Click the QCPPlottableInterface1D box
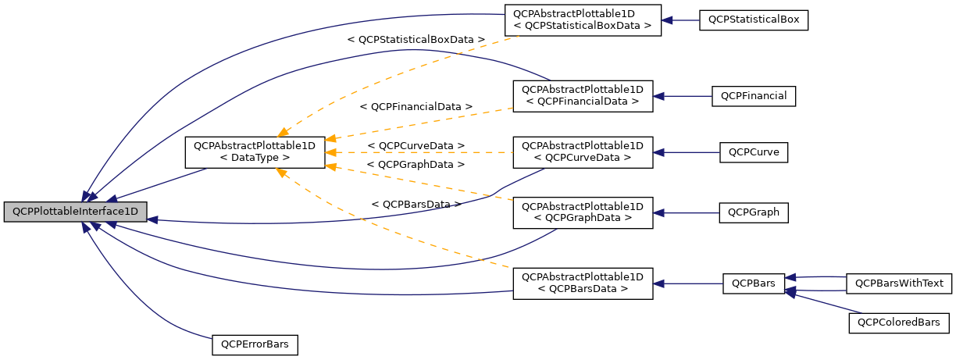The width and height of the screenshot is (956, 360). point(75,212)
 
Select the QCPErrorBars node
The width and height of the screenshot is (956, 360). point(255,344)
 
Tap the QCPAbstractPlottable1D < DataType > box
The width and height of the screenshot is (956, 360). point(255,152)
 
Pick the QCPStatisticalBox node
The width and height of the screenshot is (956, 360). point(753,20)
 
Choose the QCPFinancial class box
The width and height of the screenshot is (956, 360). point(754,96)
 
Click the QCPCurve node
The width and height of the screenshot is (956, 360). point(754,152)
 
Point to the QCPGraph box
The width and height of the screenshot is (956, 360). point(754,212)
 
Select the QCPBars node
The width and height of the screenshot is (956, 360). point(754,283)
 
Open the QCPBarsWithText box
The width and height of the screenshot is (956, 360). point(899,283)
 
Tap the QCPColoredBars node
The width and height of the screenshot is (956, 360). point(899,323)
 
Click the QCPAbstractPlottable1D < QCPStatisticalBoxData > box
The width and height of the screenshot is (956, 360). point(582,20)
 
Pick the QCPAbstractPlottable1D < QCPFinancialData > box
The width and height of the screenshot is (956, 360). point(582,96)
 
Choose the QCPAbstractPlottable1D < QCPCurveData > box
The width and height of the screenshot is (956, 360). point(582,152)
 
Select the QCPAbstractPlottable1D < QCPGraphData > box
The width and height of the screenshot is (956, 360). point(582,212)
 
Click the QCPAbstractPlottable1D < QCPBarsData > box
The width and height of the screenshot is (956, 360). point(582,283)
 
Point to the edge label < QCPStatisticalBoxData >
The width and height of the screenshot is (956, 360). point(416,39)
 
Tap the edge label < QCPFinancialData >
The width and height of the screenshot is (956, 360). point(416,106)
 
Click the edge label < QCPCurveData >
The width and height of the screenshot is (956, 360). point(416,146)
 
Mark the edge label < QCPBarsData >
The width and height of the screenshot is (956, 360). point(416,204)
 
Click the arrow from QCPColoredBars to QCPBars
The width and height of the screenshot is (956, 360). point(820,303)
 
